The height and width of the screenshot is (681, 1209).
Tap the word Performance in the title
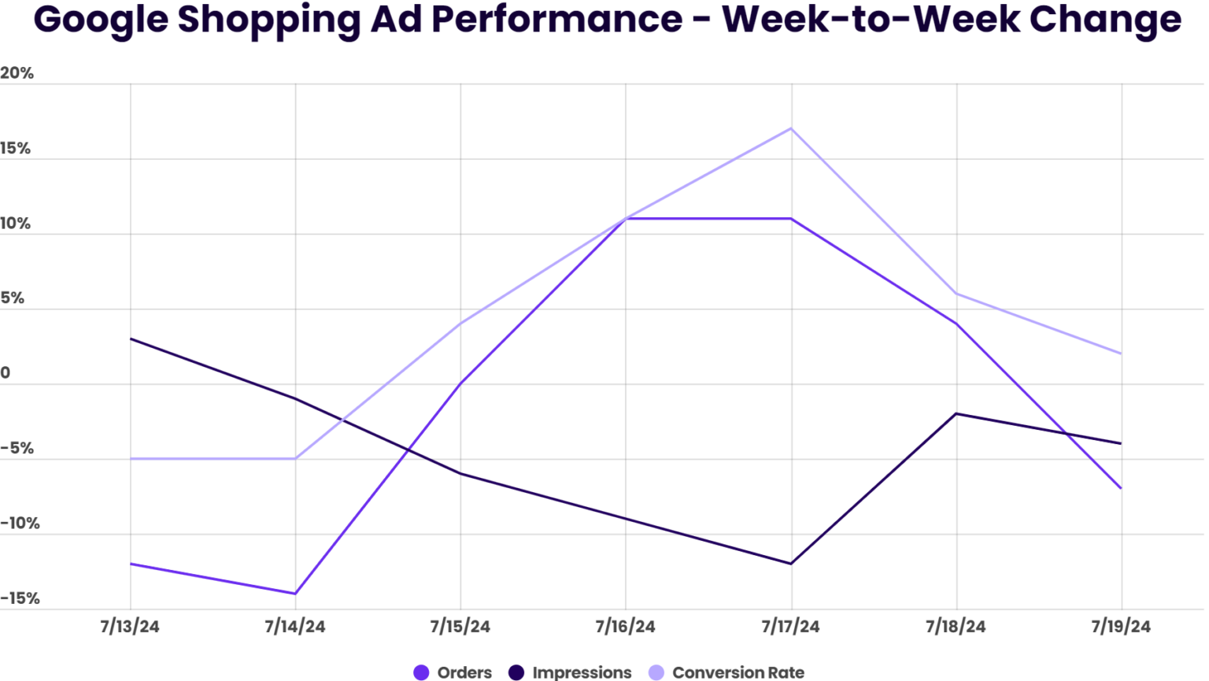coord(556,20)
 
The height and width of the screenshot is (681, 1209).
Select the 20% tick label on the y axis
coord(17,73)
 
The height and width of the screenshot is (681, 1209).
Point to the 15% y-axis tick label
coord(16,149)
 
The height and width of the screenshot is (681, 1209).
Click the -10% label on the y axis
coord(20,524)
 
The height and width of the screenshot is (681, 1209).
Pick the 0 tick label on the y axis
coord(6,373)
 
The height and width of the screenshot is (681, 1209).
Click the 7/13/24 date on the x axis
coord(130,627)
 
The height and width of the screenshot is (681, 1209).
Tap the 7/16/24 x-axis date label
coord(625,627)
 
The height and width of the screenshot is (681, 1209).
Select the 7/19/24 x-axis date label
coord(1121,627)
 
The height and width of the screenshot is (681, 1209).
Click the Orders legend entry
coord(453,672)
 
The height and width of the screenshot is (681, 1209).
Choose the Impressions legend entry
coord(570,672)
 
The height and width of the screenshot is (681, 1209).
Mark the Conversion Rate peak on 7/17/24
coord(791,128)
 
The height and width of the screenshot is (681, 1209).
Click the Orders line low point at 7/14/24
coord(295,594)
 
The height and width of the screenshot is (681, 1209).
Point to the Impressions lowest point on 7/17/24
coord(791,564)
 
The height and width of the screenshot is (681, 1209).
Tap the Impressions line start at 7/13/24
coord(131,339)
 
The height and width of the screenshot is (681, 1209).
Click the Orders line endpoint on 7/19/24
coord(1121,488)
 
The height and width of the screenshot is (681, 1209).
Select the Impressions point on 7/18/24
coord(956,413)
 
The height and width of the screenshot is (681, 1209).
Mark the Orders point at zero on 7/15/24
coord(460,383)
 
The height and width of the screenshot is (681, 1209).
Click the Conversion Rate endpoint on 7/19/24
coord(1121,353)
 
